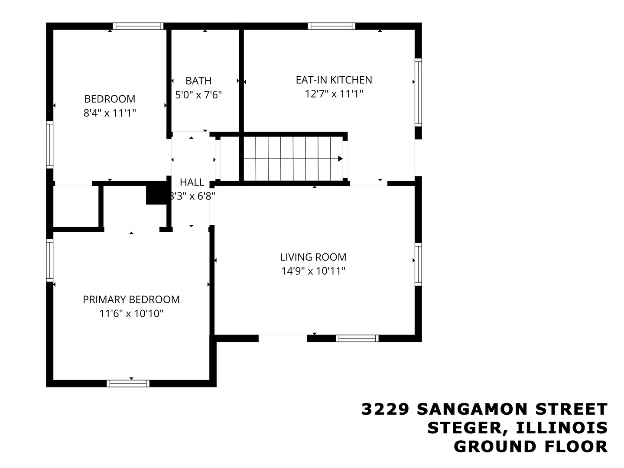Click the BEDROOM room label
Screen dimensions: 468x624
pyautogui.click(x=110, y=99)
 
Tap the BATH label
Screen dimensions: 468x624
pyautogui.click(x=198, y=81)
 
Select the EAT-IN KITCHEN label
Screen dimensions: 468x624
pyautogui.click(x=334, y=80)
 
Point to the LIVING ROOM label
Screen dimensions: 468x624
pyautogui.click(x=313, y=257)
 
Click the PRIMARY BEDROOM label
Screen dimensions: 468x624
pyautogui.click(x=131, y=299)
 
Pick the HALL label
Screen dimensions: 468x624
pyautogui.click(x=192, y=182)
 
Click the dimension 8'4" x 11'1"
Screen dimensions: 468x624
pyautogui.click(x=110, y=113)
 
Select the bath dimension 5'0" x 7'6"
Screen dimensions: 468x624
pyautogui.click(x=198, y=94)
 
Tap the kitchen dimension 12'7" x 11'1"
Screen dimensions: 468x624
pyautogui.click(x=334, y=94)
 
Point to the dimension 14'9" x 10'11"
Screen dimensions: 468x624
pyautogui.click(x=313, y=271)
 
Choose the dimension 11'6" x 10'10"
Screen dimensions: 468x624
pyautogui.click(x=131, y=313)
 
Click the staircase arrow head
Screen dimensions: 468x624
pyautogui.click(x=340, y=159)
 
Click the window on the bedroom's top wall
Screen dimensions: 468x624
pyautogui.click(x=138, y=26)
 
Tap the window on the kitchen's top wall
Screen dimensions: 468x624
pyautogui.click(x=331, y=26)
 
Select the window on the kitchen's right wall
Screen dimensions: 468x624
pyautogui.click(x=418, y=92)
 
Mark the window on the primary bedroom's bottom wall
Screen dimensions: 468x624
pyautogui.click(x=128, y=383)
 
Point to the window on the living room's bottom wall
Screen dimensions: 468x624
pyautogui.click(x=357, y=338)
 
